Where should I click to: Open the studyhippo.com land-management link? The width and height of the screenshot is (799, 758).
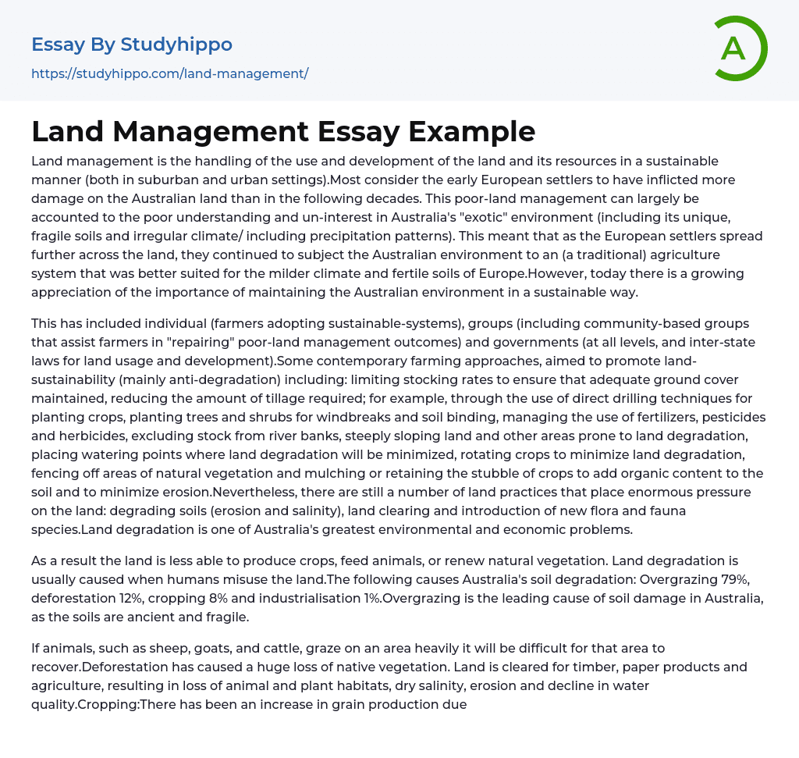click(x=170, y=73)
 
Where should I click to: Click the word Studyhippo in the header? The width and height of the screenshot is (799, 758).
click(x=176, y=44)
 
